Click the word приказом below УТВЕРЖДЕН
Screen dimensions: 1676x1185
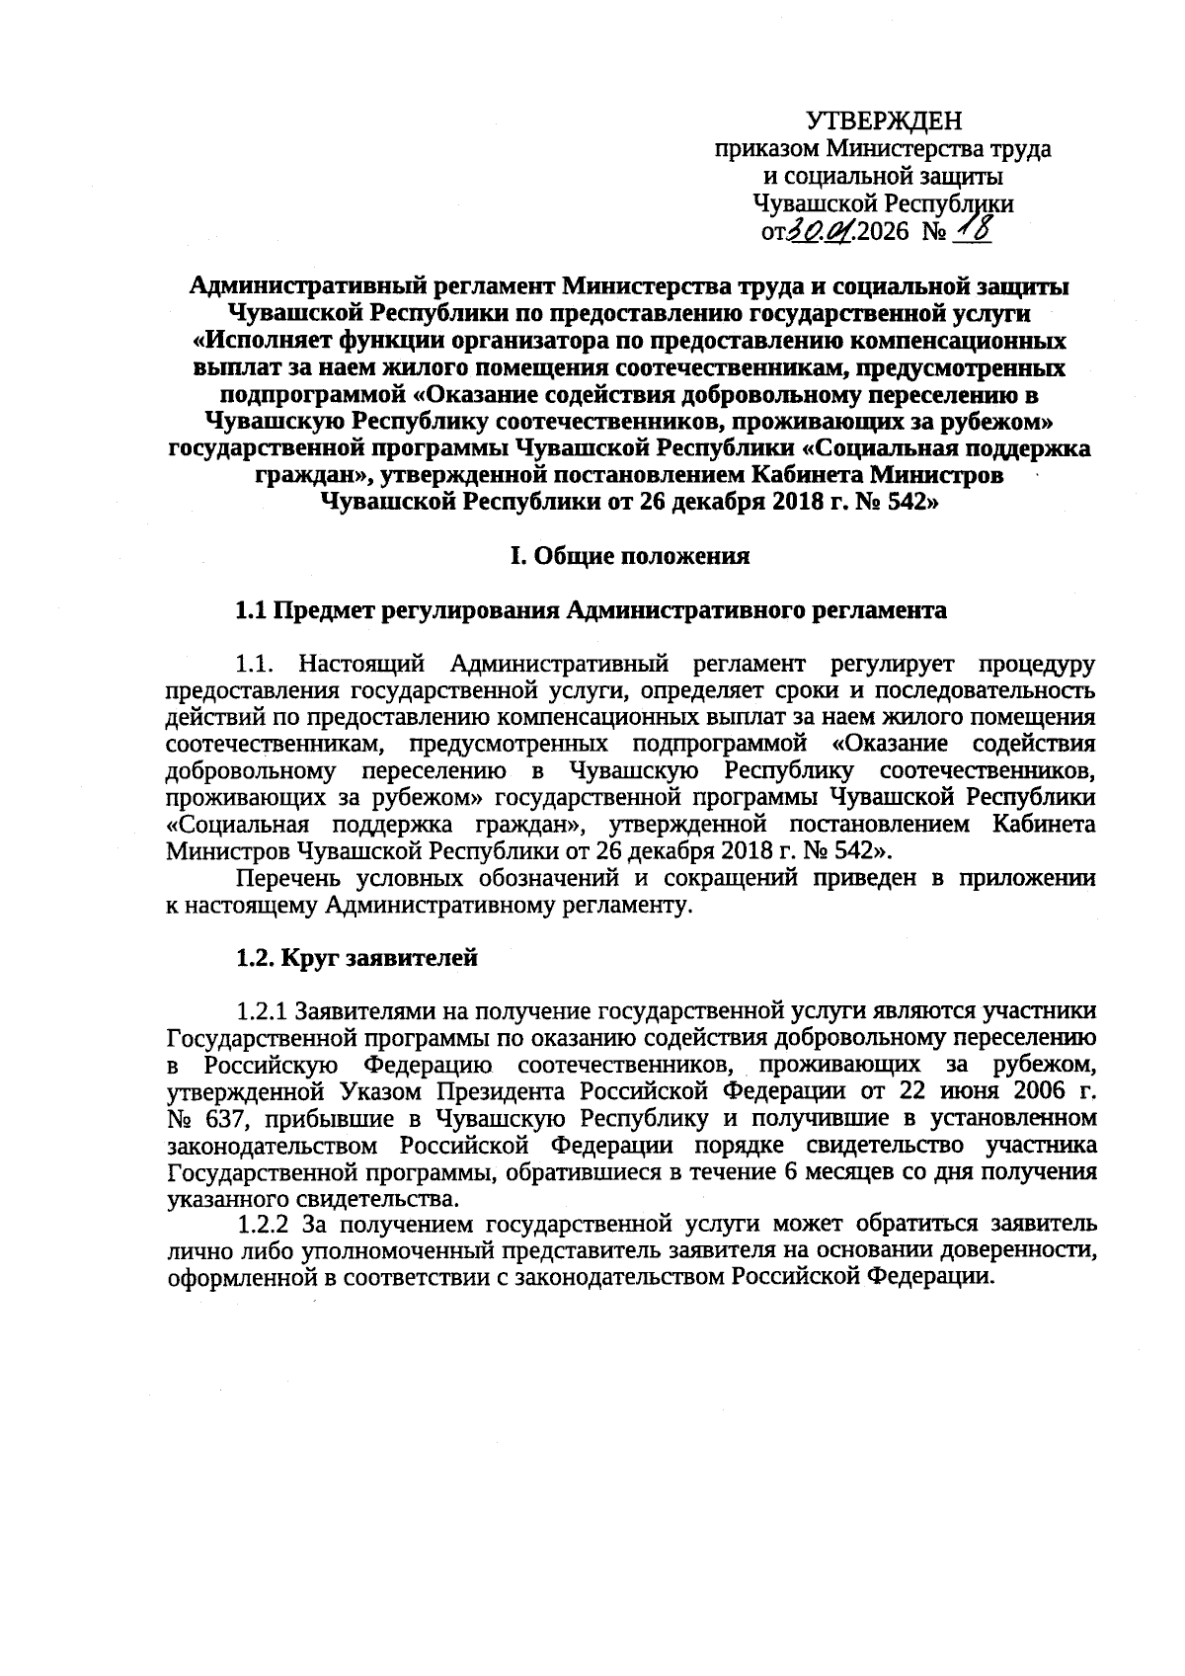pyautogui.click(x=766, y=150)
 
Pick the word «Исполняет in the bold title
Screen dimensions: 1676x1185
pyautogui.click(x=246, y=342)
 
